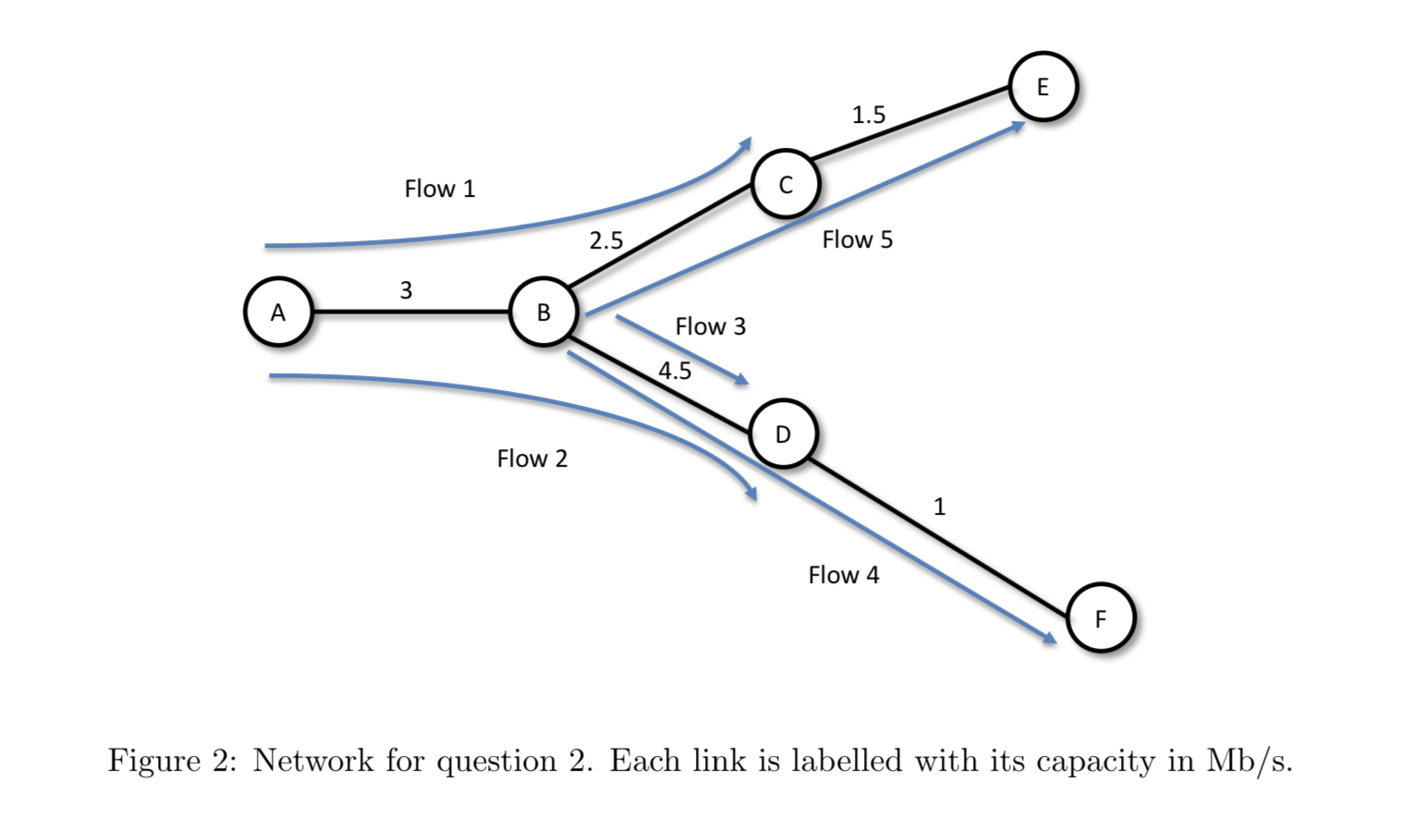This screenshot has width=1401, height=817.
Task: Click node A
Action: coord(278,312)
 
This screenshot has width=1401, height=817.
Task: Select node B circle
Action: coord(543,312)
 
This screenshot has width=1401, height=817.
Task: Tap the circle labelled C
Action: coord(786,185)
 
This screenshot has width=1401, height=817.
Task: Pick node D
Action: coord(783,434)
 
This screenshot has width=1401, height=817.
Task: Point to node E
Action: coord(1042,87)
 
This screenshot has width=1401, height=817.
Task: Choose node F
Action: coord(1100,618)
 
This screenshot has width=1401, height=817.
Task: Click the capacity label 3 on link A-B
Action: coord(406,290)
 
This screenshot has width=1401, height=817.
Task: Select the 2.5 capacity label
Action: coord(606,241)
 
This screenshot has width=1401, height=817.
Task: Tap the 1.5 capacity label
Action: coord(868,116)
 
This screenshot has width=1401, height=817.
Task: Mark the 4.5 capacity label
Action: coord(675,372)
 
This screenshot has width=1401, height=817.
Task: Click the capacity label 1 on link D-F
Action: coord(939,506)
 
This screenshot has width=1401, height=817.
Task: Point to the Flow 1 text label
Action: coord(440,189)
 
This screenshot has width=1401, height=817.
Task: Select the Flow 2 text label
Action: coord(532,459)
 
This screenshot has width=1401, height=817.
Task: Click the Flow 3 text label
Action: coord(710,327)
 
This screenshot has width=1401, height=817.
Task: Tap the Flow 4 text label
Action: coord(844,576)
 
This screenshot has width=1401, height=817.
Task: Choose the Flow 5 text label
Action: coord(858,240)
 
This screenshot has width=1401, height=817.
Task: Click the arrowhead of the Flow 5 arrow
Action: coord(1018,125)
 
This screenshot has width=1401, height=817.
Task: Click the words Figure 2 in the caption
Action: coord(173,761)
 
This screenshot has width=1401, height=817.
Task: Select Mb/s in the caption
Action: coord(1248,761)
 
